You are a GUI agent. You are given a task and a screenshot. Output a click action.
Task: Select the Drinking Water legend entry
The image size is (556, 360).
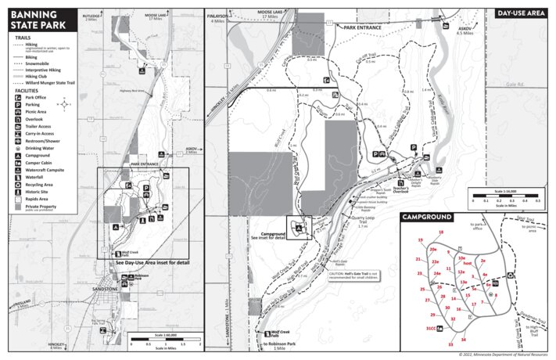(39, 148)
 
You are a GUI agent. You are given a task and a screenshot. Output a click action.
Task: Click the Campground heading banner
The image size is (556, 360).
(428, 216)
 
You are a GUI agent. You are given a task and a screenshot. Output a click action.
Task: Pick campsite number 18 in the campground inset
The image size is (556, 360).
(441, 233)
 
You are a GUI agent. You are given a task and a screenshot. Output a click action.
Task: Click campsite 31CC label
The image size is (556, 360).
(430, 329)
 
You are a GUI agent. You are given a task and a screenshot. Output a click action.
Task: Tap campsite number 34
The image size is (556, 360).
(463, 340)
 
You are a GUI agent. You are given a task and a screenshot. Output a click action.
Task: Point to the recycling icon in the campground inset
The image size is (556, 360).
(511, 275)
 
